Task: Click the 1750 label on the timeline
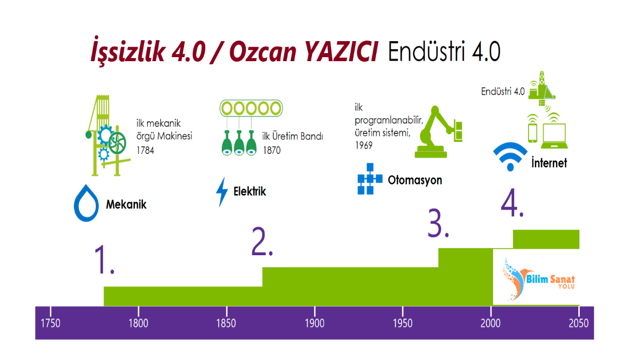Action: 50,323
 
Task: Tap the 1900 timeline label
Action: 314,323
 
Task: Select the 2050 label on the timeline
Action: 578,323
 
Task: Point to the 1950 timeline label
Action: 403,323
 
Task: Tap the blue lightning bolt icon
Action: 222,192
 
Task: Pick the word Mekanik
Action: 126,205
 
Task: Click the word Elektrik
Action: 250,192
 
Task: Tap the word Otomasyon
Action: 415,181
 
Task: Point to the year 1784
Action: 145,150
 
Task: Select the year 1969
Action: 364,145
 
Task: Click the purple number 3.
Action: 438,223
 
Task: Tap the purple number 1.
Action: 104,260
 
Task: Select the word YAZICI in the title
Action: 341,52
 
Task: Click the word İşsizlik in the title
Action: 128,51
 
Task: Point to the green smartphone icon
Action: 533,133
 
